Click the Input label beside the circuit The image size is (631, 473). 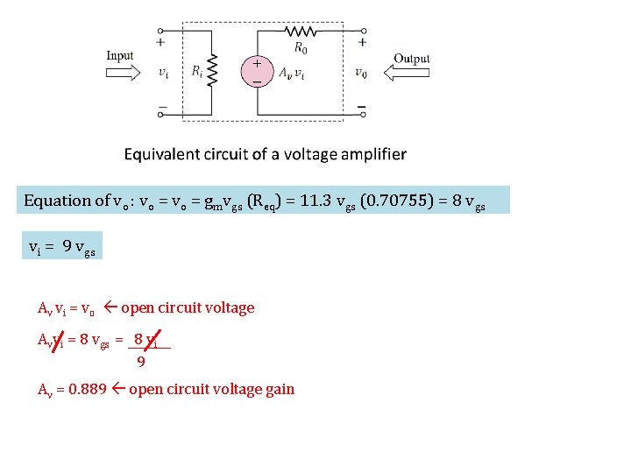tap(120, 56)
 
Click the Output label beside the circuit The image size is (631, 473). tap(411, 59)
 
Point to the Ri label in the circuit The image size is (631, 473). tap(197, 72)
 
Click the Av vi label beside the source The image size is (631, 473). tap(293, 73)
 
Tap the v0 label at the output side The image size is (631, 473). tap(361, 73)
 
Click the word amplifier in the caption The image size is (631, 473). tap(372, 154)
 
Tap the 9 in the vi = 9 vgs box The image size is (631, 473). tap(67, 247)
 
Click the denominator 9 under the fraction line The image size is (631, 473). tap(140, 359)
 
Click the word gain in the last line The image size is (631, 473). tap(278, 389)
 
